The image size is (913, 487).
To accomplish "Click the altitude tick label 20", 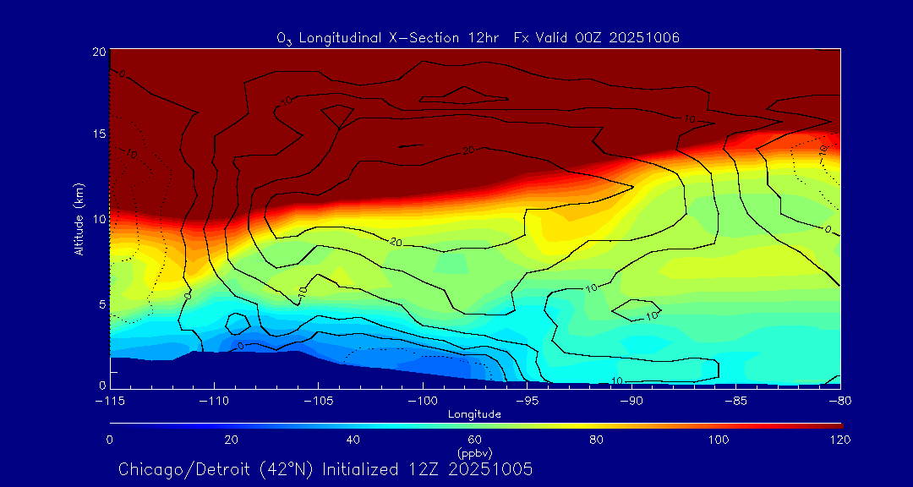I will pyautogui.click(x=99, y=52).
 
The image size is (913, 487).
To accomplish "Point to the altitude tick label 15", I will pyautogui.click(x=99, y=135).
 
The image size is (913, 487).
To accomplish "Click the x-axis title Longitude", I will pyautogui.click(x=475, y=414).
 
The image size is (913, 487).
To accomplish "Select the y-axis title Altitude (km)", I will pyautogui.click(x=79, y=219).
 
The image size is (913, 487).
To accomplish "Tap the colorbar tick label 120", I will pyautogui.click(x=839, y=440).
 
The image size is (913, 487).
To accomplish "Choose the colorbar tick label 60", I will pyautogui.click(x=475, y=440).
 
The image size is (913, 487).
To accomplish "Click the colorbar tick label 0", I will pyautogui.click(x=110, y=440).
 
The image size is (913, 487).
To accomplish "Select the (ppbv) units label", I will pyautogui.click(x=475, y=452).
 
